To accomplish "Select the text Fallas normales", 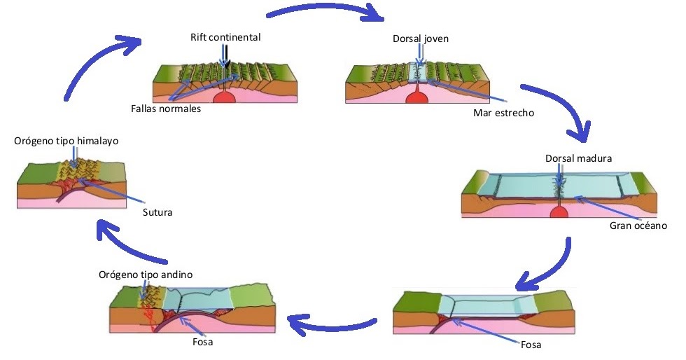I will tap(166, 109).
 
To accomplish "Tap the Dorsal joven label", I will tap(420, 39).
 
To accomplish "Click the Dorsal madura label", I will tap(578, 158).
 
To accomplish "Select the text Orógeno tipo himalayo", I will tap(66, 141).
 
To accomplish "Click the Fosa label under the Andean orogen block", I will tap(203, 342).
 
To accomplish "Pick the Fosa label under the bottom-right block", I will tap(531, 345).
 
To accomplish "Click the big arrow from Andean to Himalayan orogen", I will tap(136, 242).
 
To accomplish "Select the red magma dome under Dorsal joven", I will tap(418, 96).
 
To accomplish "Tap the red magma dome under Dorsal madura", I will tap(558, 212).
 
